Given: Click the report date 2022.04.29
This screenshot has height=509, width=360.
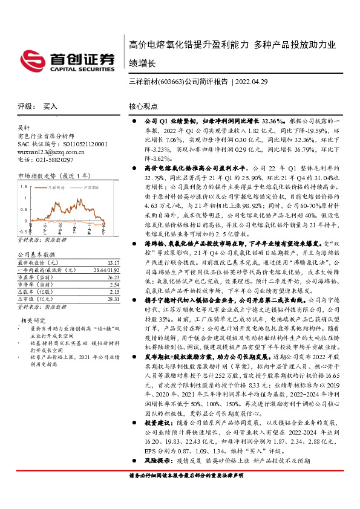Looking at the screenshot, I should pos(252,80).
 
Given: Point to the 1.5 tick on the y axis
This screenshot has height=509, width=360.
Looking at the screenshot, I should pos(24,187).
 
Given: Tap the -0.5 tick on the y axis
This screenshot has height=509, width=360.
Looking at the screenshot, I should pos(22,231).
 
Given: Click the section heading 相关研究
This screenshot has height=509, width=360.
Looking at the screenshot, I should pos(32,320).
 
